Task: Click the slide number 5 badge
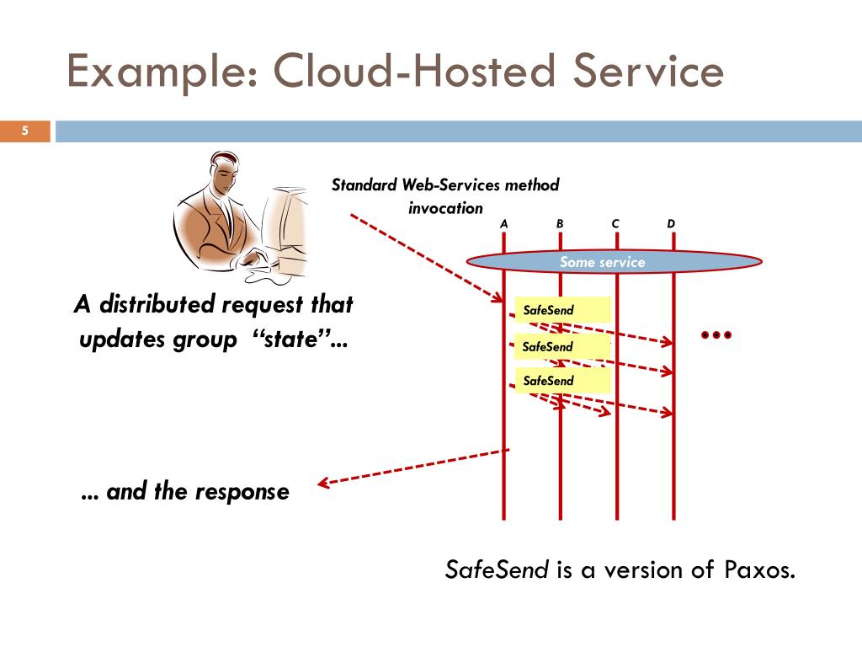[x=25, y=131]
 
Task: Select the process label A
[x=504, y=223]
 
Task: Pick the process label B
[x=560, y=223]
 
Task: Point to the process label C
[x=615, y=223]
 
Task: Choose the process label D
[x=671, y=223]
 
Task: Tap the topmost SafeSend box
[x=562, y=310]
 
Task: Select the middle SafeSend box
[x=562, y=346]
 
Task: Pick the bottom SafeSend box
[x=562, y=381]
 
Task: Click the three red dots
[x=716, y=335]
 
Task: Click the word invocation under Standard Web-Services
[x=446, y=208]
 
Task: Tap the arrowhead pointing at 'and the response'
[x=322, y=484]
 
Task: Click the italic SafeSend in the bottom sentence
[x=497, y=570]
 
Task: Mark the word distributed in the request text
[x=155, y=304]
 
